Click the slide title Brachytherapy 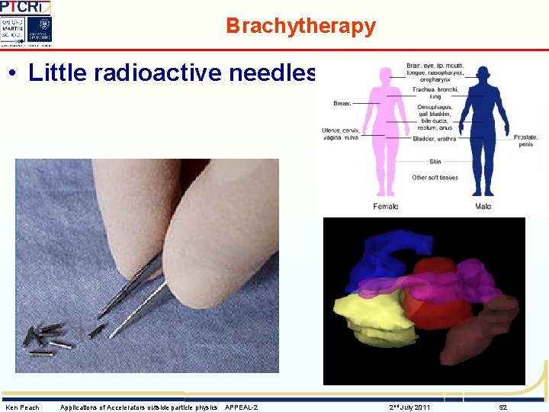pyautogui.click(x=300, y=26)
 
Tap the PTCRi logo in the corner pyautogui.click(x=25, y=7)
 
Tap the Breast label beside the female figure pyautogui.click(x=343, y=102)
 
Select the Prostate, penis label pyautogui.click(x=526, y=140)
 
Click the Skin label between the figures pyautogui.click(x=435, y=162)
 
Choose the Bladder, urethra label pyautogui.click(x=435, y=139)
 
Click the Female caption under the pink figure pyautogui.click(x=385, y=207)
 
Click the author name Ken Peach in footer pyautogui.click(x=22, y=407)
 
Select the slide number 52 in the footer pyautogui.click(x=502, y=407)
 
